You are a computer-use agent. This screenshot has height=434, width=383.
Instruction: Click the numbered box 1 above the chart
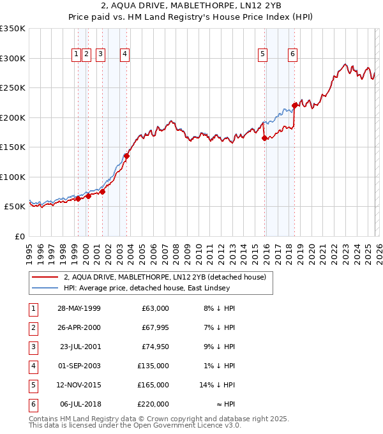tap(76, 54)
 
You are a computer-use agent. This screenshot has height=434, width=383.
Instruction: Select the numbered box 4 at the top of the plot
tap(124, 54)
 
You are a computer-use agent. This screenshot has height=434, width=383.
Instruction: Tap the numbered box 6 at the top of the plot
tap(292, 54)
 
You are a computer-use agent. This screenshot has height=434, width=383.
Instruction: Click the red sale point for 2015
tap(264, 138)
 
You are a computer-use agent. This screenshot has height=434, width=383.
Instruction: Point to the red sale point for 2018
tap(294, 106)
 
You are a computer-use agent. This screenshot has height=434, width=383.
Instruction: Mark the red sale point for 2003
tap(127, 156)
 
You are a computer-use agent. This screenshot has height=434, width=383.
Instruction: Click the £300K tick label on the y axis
tap(12, 58)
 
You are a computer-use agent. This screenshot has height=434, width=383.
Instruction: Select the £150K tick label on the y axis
tap(12, 147)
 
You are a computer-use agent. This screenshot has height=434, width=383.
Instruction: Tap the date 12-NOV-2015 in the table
tap(79, 385)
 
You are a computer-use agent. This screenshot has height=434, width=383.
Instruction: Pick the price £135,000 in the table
tap(154, 366)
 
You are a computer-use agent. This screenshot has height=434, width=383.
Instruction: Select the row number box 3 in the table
tap(32, 347)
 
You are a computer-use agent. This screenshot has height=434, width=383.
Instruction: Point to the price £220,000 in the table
tap(154, 405)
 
